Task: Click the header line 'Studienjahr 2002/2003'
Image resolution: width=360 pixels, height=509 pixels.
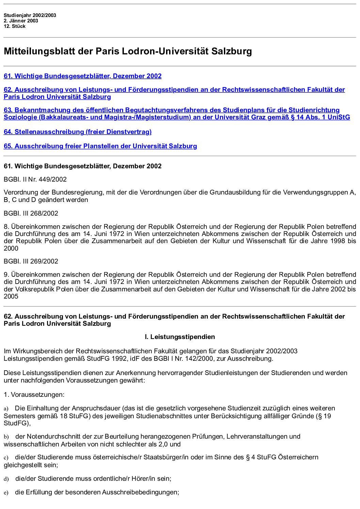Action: tap(30, 15)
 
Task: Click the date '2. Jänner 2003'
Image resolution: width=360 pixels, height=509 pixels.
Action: tap(21, 21)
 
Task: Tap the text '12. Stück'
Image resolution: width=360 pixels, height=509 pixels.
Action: tap(15, 26)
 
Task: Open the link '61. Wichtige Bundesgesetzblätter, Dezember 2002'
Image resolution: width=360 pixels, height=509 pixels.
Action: tap(83, 76)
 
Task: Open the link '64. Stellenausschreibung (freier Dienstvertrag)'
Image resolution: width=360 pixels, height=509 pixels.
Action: tap(78, 132)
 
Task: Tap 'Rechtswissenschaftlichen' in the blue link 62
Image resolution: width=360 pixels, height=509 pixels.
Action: tap(264, 90)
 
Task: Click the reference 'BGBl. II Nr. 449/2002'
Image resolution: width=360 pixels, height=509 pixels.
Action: tap(35, 180)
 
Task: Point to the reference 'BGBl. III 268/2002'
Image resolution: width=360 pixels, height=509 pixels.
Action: tap(31, 214)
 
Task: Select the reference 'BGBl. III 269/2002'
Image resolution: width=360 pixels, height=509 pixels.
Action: tap(31, 261)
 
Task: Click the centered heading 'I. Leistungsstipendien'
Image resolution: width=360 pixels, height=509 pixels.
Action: tap(180, 337)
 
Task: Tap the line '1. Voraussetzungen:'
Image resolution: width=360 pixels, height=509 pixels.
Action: tap(34, 395)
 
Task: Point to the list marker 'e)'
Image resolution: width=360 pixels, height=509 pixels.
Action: tap(6, 493)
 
